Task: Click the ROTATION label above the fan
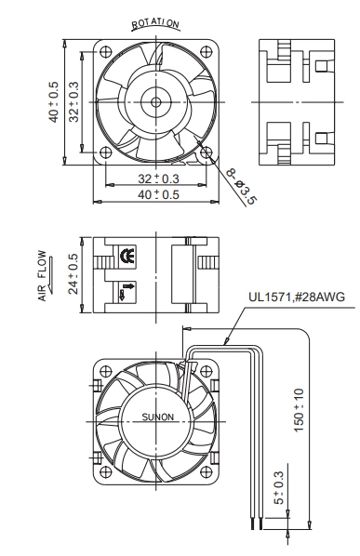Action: coord(155,23)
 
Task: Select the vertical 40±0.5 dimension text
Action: coord(53,102)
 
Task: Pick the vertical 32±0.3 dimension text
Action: coord(73,102)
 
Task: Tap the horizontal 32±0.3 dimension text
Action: coord(158,179)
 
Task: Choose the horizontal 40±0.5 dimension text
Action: coord(158,194)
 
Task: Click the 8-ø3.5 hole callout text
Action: coord(241,186)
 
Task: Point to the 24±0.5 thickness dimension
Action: coord(73,273)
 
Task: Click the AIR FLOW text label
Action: coord(42,276)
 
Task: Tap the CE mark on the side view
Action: coord(127,256)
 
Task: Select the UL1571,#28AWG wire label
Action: coord(297,297)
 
